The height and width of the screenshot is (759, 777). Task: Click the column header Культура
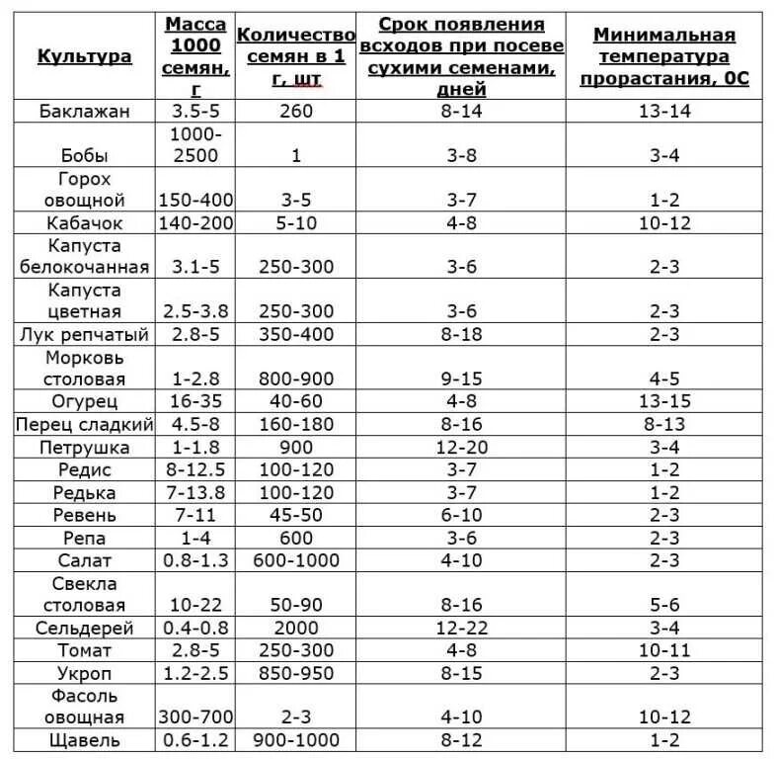pyautogui.click(x=84, y=56)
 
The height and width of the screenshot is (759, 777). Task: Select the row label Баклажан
pyautogui.click(x=84, y=111)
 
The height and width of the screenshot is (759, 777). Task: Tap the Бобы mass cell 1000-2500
pyautogui.click(x=196, y=144)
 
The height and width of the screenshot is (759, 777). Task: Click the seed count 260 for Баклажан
pyautogui.click(x=297, y=111)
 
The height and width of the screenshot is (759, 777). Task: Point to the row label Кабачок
pyautogui.click(x=84, y=222)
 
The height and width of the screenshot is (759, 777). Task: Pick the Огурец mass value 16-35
pyautogui.click(x=196, y=401)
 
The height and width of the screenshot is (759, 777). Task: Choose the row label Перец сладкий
pyautogui.click(x=84, y=424)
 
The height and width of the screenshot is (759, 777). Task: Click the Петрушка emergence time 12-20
pyautogui.click(x=462, y=447)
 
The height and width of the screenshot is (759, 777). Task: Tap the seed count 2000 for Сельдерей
pyautogui.click(x=297, y=628)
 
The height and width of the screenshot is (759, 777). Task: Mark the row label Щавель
pyautogui.click(x=84, y=740)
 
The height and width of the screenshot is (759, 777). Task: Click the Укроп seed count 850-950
pyautogui.click(x=297, y=673)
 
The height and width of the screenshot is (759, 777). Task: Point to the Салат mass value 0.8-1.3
pyautogui.click(x=196, y=560)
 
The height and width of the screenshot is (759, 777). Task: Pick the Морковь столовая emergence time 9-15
pyautogui.click(x=462, y=379)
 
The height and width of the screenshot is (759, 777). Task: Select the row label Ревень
pyautogui.click(x=84, y=515)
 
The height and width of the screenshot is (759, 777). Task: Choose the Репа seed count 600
pyautogui.click(x=297, y=538)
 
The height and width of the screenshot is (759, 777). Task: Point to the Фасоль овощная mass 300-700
pyautogui.click(x=196, y=717)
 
